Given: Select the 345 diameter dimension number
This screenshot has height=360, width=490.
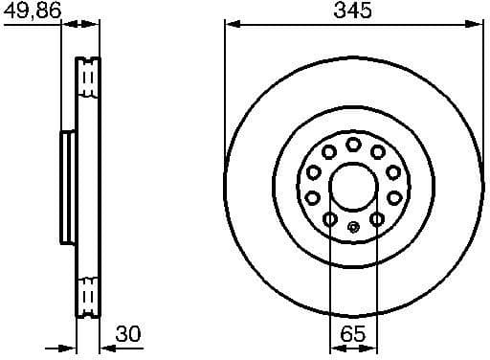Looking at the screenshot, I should pos(353,11).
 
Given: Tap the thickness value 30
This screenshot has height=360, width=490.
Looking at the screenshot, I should pos(126,333).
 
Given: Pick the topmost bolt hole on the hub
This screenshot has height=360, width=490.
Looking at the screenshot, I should pos(353,144).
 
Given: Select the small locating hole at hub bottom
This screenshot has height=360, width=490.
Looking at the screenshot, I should pos(353,227).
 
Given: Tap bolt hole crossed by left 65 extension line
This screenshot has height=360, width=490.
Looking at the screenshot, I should pos(329,219).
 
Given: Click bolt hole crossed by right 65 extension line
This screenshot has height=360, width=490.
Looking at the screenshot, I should pos(377,219).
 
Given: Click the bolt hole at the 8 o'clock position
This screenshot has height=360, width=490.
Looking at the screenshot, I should pos(313,197).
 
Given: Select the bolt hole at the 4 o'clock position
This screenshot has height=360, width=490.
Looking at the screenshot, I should pos(393,197).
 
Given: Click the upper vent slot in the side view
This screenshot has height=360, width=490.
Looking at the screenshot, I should pos(88,78).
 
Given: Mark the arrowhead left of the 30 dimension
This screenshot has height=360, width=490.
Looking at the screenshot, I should pos(69,348).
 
